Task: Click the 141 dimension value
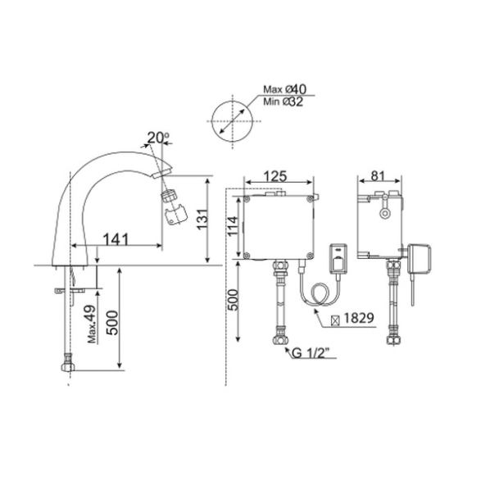116,239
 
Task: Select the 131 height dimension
202,219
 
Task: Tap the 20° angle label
158,138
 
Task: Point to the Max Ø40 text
284,89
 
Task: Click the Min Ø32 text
284,102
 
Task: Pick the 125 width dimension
275,176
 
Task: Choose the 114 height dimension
232,226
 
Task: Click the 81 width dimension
378,176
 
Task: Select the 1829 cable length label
359,318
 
